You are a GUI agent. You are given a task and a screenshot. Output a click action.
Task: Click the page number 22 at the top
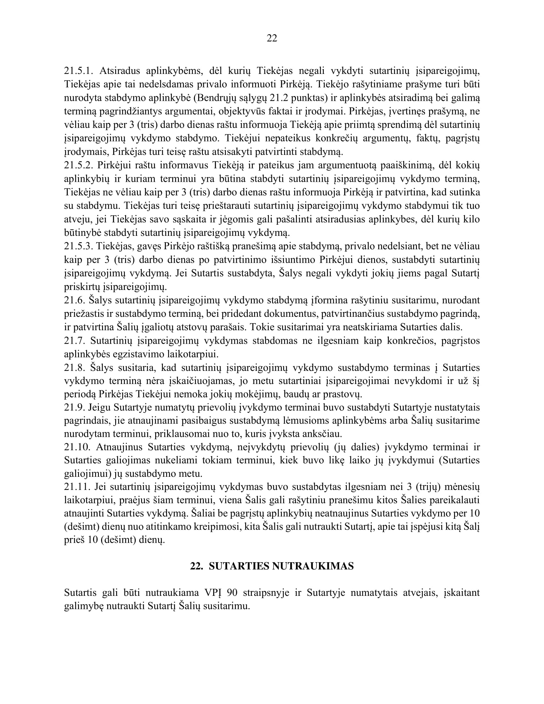click(x=272, y=38)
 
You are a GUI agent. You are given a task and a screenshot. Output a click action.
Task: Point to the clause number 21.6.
click(x=75, y=300)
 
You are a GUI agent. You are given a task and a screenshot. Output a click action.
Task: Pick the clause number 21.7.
click(x=75, y=341)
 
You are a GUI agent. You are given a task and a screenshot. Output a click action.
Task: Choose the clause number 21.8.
click(x=75, y=368)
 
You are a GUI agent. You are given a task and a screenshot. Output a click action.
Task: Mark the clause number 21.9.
click(x=75, y=407)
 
